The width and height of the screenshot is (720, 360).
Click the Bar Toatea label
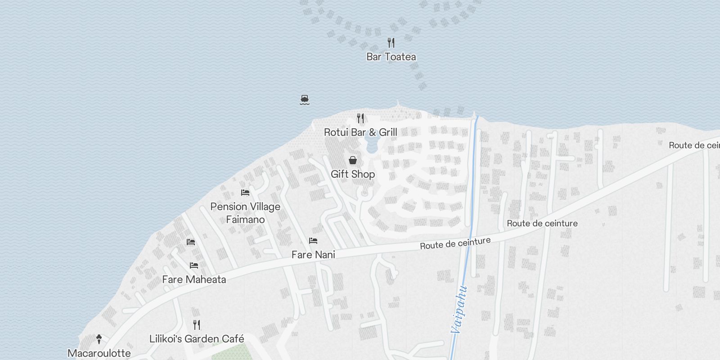coord(391,57)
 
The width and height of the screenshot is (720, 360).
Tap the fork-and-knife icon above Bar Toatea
coord(391,43)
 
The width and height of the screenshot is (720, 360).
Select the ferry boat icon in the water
coord(305,99)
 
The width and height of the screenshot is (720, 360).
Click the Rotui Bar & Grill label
coord(360,132)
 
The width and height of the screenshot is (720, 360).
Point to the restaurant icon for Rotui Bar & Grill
coord(360,118)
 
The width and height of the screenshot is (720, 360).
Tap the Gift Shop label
coord(353,174)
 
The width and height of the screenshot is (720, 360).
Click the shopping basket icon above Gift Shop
coord(353,160)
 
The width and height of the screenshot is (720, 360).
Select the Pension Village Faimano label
coord(245,213)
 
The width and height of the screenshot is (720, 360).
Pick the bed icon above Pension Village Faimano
coord(245,193)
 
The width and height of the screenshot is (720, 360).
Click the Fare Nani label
coord(313,255)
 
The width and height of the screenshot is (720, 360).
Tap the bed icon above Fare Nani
coord(313,241)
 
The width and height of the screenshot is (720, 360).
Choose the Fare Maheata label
coord(194,279)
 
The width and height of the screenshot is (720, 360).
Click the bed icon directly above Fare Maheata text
coord(194,265)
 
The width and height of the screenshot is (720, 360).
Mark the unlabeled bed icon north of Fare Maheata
coord(191,242)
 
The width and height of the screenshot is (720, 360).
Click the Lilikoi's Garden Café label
coord(197,339)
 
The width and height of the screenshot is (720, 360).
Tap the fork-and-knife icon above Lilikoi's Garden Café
coord(197,324)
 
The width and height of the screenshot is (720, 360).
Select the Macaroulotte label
coord(99,353)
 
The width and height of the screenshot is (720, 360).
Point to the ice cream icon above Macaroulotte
coord(99,339)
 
